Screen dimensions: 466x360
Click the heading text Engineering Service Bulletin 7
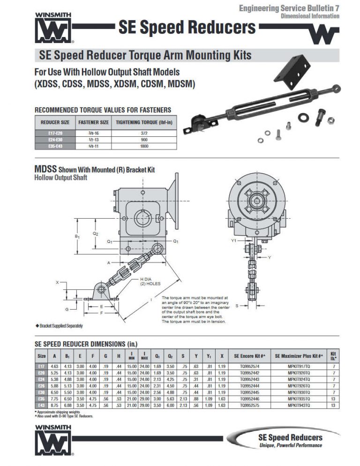pos(289,8)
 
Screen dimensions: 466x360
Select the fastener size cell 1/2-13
pos(93,140)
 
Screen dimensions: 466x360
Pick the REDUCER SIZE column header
pos(55,122)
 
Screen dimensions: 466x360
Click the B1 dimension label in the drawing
pos(77,237)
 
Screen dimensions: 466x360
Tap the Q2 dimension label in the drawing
pos(96,233)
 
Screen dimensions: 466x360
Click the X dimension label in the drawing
pos(57,282)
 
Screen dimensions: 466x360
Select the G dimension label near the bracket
pos(67,309)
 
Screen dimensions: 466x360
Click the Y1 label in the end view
pos(233,240)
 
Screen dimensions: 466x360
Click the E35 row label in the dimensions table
pos(41,399)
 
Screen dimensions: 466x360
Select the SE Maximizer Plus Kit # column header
pos(299,356)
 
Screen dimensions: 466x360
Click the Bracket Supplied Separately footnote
pos(59,325)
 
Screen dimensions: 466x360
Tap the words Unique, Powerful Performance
pos(290,445)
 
